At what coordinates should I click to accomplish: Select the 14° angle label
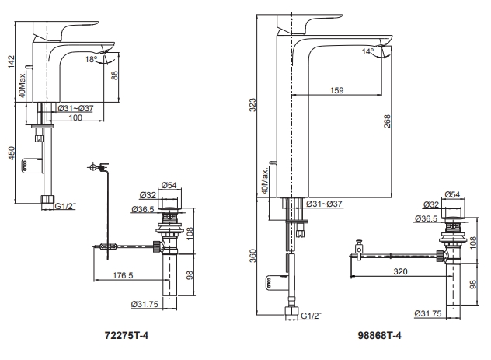(367, 53)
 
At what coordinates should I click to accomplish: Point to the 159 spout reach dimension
(336, 90)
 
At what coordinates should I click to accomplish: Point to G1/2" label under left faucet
(65, 206)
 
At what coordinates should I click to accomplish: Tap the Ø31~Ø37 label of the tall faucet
(326, 204)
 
